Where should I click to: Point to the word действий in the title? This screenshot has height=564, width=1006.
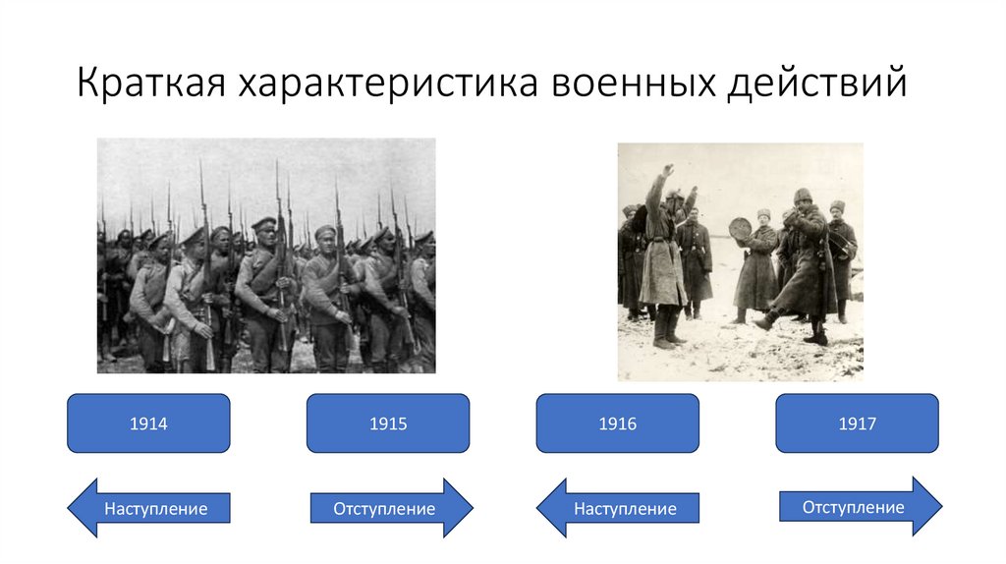pyautogui.click(x=817, y=83)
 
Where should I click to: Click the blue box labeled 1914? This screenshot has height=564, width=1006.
pyautogui.click(x=148, y=423)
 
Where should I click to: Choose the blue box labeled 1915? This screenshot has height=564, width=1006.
pyautogui.click(x=388, y=423)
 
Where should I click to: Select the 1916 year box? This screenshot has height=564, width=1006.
pyautogui.click(x=618, y=423)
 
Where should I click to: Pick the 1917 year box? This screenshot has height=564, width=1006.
pyautogui.click(x=857, y=423)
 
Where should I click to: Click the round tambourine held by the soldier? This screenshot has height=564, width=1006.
pyautogui.click(x=742, y=228)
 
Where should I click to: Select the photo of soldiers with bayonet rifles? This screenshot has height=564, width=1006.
pyautogui.click(x=266, y=255)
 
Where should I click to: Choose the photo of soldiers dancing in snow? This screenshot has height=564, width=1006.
pyautogui.click(x=740, y=261)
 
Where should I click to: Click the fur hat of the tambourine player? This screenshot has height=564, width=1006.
pyautogui.click(x=763, y=214)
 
